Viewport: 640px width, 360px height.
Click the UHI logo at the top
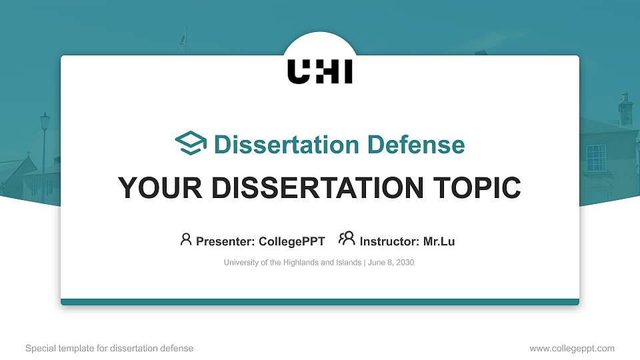click(320, 72)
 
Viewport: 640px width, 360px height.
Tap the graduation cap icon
click(191, 144)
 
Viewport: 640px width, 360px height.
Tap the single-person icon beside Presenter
click(186, 239)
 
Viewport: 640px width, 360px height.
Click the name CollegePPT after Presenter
click(292, 241)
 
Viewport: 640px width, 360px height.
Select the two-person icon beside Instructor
click(347, 239)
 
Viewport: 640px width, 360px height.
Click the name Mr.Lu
click(439, 241)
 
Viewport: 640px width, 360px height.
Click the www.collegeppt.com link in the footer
click(572, 348)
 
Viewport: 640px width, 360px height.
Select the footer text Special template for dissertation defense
click(109, 348)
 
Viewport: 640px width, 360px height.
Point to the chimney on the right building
click(625, 110)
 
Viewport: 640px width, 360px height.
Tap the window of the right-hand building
click(595, 157)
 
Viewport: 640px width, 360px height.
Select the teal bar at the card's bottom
click(320, 302)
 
